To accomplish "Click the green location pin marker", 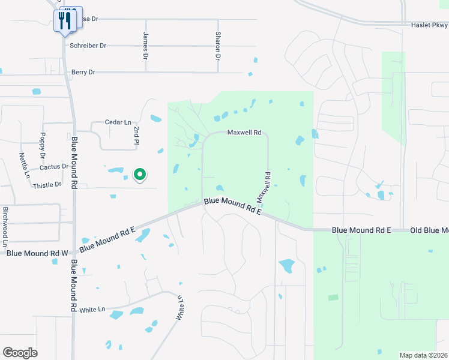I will (x=140, y=175).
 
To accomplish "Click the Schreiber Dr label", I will (x=88, y=46).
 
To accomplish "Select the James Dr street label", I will (x=145, y=46).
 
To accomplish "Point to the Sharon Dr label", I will (x=218, y=46).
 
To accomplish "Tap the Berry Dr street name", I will (x=83, y=72).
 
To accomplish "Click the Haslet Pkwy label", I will (x=430, y=25).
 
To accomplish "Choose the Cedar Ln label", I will (x=118, y=122).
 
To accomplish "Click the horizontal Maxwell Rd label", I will (x=244, y=133).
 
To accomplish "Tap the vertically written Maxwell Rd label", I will (x=265, y=187).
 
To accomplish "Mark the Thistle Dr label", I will (x=47, y=185).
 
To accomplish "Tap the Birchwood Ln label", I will (x=5, y=226).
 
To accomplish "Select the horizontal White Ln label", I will (x=92, y=310).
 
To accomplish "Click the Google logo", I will (x=20, y=352).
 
